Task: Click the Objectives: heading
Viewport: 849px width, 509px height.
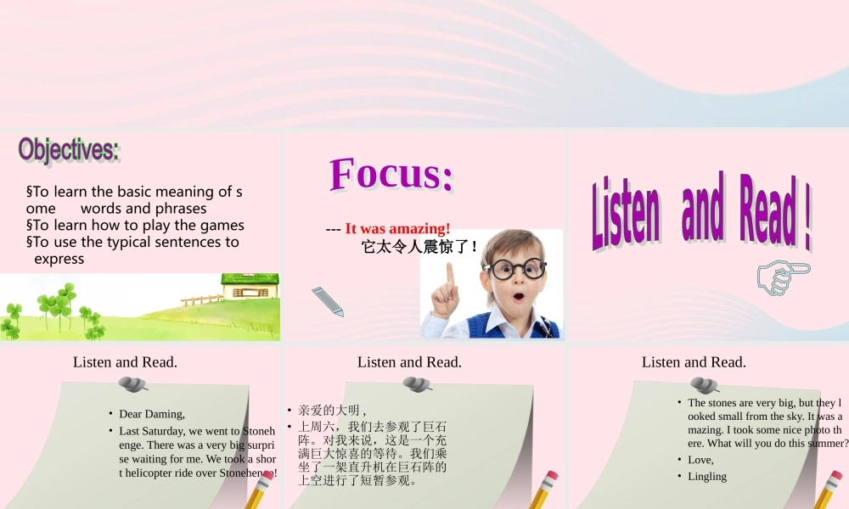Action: tap(69, 149)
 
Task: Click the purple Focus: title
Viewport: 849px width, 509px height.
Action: tap(391, 174)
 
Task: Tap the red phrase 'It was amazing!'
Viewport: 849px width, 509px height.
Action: tap(397, 229)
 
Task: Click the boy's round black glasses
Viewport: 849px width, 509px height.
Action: tap(514, 271)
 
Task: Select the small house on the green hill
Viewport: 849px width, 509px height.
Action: tap(249, 286)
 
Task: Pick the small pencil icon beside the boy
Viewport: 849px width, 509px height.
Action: tap(327, 302)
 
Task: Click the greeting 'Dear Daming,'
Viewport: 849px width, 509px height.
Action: tap(152, 414)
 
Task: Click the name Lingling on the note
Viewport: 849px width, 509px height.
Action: tap(707, 476)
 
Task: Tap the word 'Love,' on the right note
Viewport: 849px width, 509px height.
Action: tap(700, 460)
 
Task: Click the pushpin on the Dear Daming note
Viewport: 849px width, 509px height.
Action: tap(130, 385)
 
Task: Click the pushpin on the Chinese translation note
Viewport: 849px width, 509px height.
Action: tap(414, 385)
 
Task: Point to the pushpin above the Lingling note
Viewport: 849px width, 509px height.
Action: tap(699, 385)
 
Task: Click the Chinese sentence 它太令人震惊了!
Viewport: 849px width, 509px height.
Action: tap(420, 248)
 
